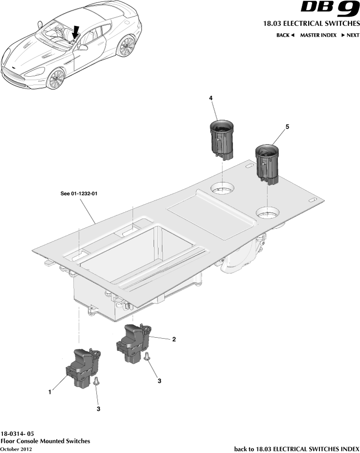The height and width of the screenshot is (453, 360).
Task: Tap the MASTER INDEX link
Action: point(318,35)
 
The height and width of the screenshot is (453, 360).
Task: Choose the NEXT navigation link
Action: point(350,35)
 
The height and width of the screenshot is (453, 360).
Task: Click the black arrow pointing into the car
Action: point(75,33)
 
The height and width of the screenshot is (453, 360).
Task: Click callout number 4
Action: point(211,98)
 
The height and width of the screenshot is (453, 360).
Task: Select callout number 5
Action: point(287,127)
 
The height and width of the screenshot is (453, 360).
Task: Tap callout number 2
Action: point(174,339)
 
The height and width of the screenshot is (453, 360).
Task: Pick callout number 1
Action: point(50,391)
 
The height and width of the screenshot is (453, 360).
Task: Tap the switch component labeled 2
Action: point(134,344)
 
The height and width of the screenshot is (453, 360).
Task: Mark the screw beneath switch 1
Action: point(97,382)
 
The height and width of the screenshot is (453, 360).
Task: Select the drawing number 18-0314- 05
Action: point(18,433)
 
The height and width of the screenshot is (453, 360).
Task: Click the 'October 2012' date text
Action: point(16,449)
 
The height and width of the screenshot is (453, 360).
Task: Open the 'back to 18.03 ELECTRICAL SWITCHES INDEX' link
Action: point(296,449)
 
